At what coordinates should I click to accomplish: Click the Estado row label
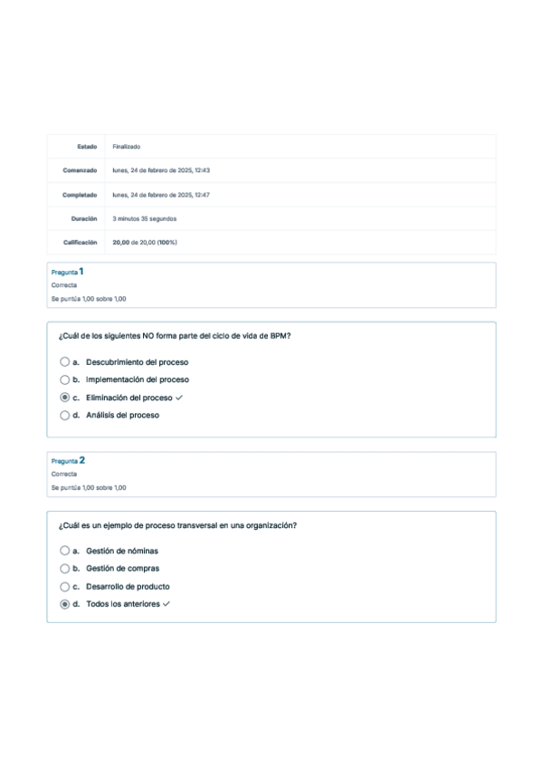tap(87, 147)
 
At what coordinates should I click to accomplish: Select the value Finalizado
tap(127, 147)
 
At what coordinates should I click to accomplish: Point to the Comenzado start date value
tap(161, 170)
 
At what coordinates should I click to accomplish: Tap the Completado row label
tap(80, 195)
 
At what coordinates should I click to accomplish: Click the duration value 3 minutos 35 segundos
tap(145, 218)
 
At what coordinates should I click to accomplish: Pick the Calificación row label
tap(80, 243)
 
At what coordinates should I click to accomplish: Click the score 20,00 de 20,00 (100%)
tap(145, 243)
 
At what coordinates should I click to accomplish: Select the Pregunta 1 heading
tap(68, 272)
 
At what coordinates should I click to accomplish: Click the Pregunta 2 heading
tap(68, 461)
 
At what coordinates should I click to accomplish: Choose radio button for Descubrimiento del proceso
tap(64, 362)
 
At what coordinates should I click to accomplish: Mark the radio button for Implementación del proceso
tap(64, 380)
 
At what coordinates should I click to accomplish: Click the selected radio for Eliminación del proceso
tap(64, 398)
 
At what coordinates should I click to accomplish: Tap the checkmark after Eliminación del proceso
tap(180, 398)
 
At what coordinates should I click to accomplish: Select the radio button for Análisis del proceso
tap(64, 416)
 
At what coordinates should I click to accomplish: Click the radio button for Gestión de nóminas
tap(64, 551)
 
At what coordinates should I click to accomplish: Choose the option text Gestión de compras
tap(122, 569)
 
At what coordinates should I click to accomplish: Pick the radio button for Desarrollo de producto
tap(64, 587)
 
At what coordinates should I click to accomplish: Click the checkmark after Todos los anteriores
tap(166, 604)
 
